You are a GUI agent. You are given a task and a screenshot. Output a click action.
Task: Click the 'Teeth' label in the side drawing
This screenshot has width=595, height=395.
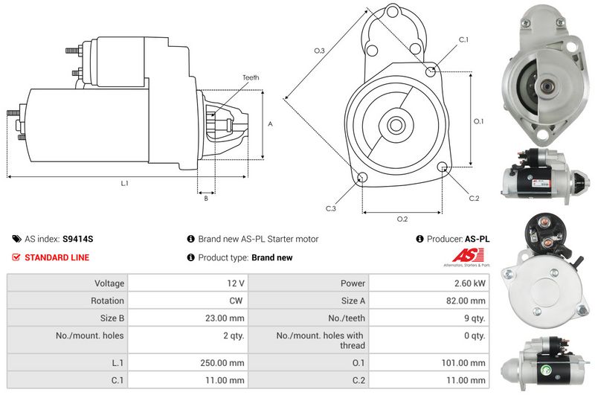click(251, 77)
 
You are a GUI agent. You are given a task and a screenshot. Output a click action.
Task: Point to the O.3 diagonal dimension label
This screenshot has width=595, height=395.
click(319, 51)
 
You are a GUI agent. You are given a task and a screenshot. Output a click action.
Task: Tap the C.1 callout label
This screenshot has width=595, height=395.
click(463, 39)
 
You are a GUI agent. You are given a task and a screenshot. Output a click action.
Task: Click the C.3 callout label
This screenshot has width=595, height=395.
click(331, 208)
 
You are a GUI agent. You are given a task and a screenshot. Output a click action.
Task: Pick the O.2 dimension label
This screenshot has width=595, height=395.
click(402, 219)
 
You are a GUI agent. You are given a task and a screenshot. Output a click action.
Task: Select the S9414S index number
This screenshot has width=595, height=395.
click(78, 240)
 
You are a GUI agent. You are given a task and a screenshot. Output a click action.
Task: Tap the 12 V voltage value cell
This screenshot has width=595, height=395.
click(236, 283)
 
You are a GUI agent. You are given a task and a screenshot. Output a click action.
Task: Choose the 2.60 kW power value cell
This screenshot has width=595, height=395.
click(472, 283)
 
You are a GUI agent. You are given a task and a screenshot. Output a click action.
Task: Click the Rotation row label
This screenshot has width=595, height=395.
click(109, 301)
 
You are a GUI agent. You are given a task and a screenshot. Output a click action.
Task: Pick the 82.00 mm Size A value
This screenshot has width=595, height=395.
click(469, 301)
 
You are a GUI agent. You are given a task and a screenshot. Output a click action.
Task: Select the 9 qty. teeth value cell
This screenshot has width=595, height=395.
click(473, 318)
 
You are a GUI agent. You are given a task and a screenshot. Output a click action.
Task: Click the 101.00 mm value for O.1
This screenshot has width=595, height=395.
click(468, 363)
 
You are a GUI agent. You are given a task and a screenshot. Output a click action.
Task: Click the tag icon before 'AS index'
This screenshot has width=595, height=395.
click(17, 240)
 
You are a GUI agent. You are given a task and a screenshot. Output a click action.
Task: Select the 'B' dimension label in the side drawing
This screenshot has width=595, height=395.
click(205, 198)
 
